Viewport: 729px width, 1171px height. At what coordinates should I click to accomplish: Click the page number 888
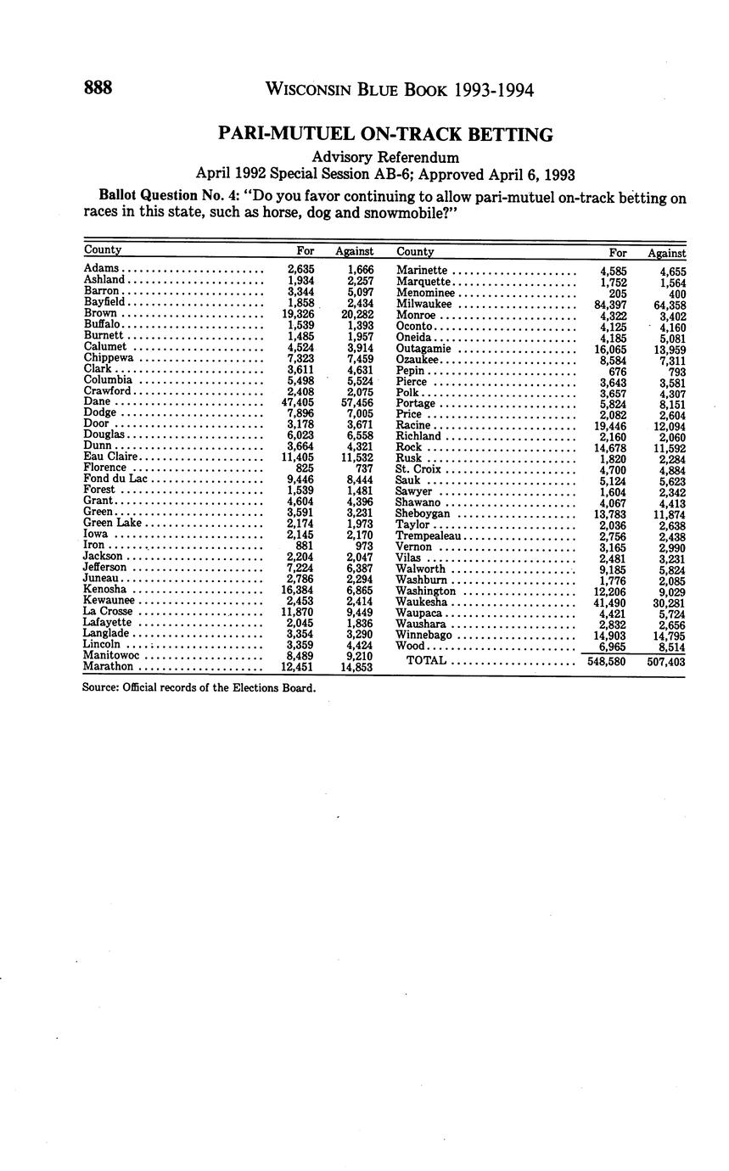tap(98, 88)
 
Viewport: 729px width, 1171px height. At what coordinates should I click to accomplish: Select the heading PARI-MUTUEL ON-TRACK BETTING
tap(385, 134)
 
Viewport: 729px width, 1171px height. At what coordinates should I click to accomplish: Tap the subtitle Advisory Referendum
tap(385, 157)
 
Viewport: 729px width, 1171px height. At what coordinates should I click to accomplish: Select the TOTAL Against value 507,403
tap(665, 662)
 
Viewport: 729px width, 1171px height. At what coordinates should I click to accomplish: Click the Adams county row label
tap(101, 269)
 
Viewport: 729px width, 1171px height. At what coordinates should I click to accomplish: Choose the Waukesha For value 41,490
tap(609, 602)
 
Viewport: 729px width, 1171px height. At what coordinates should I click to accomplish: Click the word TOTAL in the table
tap(426, 660)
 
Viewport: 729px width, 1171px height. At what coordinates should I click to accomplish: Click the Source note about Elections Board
tap(199, 687)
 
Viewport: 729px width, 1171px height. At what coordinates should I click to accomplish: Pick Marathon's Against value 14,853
tap(357, 667)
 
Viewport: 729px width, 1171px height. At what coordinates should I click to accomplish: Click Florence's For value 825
tap(303, 468)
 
